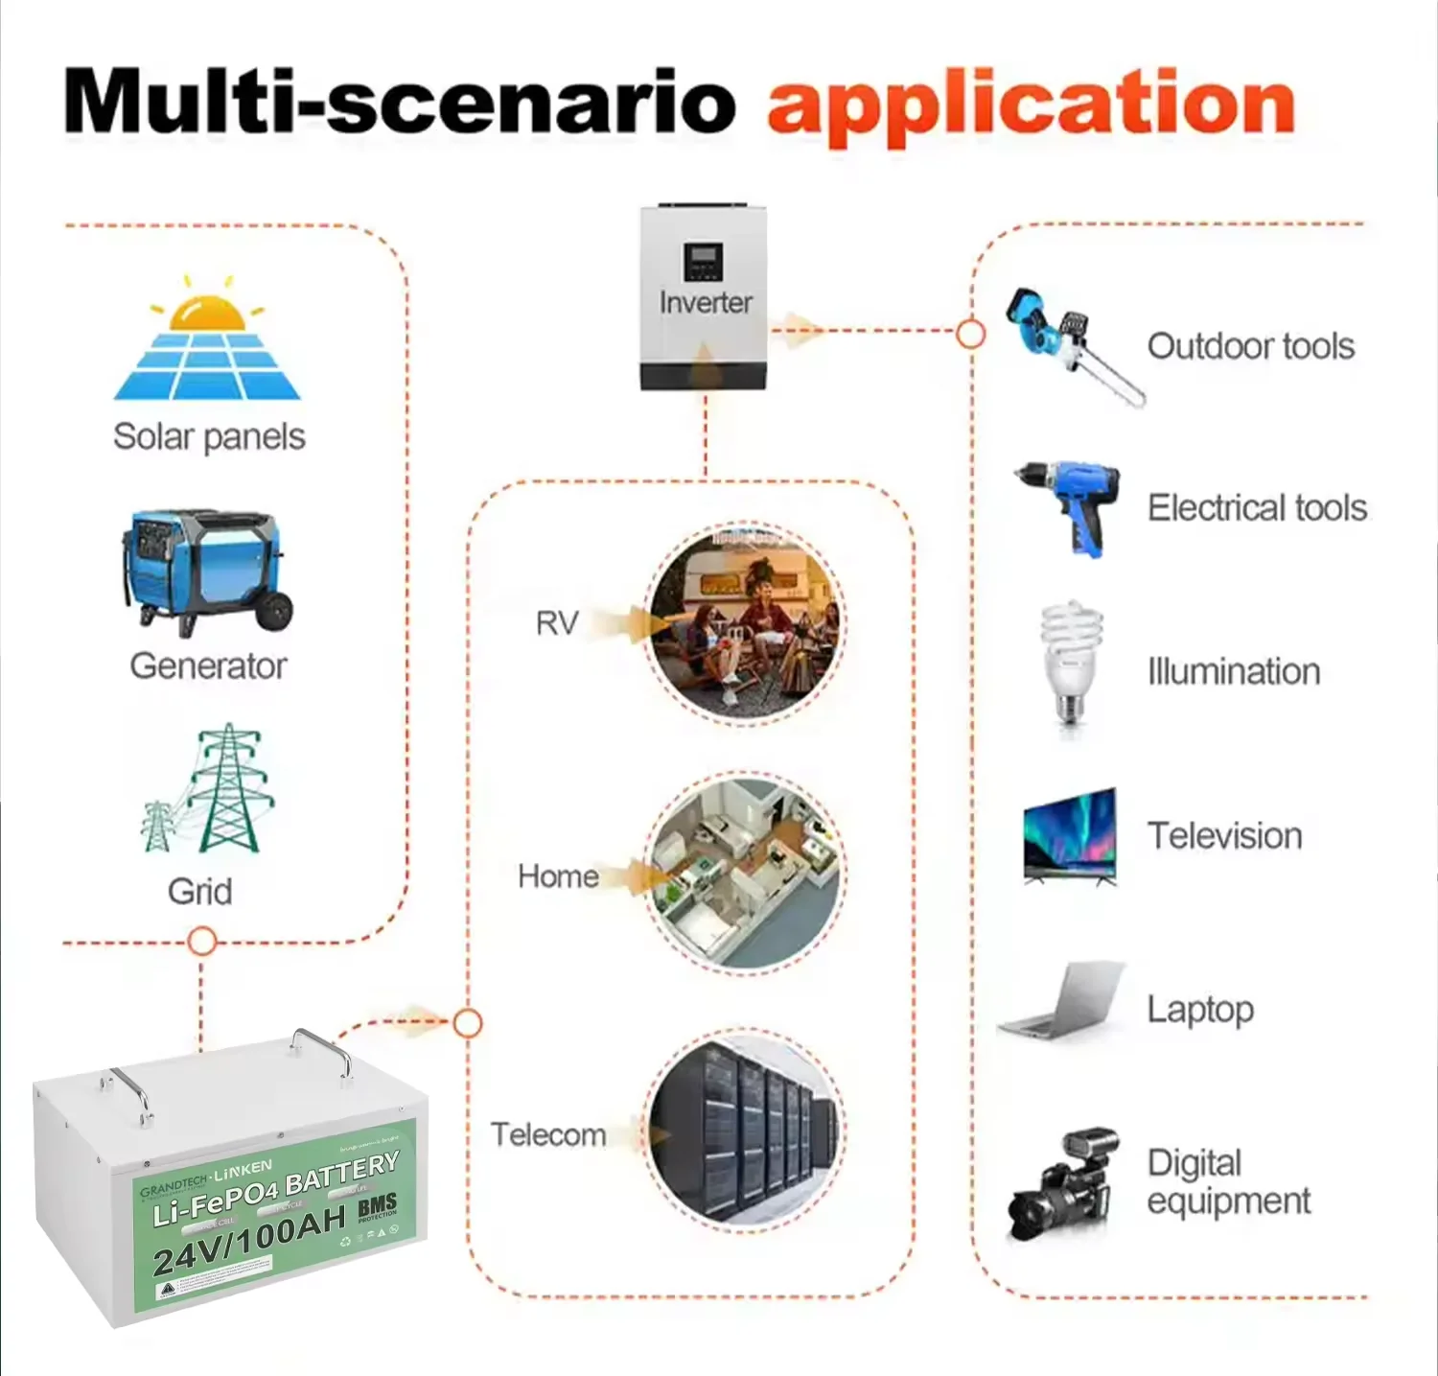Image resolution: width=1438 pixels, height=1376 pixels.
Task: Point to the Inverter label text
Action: [706, 303]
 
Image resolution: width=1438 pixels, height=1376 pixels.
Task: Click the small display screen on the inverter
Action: [703, 261]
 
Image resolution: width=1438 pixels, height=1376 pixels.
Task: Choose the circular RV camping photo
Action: [746, 621]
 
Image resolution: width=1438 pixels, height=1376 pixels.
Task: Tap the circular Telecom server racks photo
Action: [744, 1130]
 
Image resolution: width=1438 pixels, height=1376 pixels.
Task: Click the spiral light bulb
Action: [1071, 662]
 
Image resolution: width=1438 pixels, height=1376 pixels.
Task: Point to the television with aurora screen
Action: [1070, 835]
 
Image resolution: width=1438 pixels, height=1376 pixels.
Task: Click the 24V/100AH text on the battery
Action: [249, 1239]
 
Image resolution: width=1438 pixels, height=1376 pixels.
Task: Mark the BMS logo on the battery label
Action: [377, 1206]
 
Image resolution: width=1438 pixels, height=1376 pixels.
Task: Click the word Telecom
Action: [548, 1135]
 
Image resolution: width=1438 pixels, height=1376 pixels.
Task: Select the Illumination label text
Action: [1234, 672]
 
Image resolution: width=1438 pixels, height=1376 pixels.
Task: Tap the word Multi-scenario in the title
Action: [399, 102]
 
